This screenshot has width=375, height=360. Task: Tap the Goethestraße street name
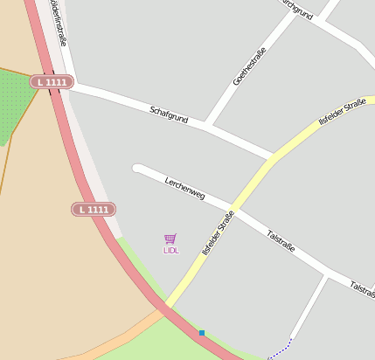coord(248,67)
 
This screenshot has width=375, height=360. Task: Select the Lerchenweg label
coord(184,187)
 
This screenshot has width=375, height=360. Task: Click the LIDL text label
coord(170,251)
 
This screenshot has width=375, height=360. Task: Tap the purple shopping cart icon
coord(170,239)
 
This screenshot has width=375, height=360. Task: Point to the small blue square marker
coord(202,333)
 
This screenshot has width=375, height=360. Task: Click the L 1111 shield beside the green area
coord(51,81)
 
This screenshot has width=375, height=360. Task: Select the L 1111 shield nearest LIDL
coord(94,210)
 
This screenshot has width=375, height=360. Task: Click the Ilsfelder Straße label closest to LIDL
coord(218,233)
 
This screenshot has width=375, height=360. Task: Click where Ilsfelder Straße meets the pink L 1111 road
coord(163,307)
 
